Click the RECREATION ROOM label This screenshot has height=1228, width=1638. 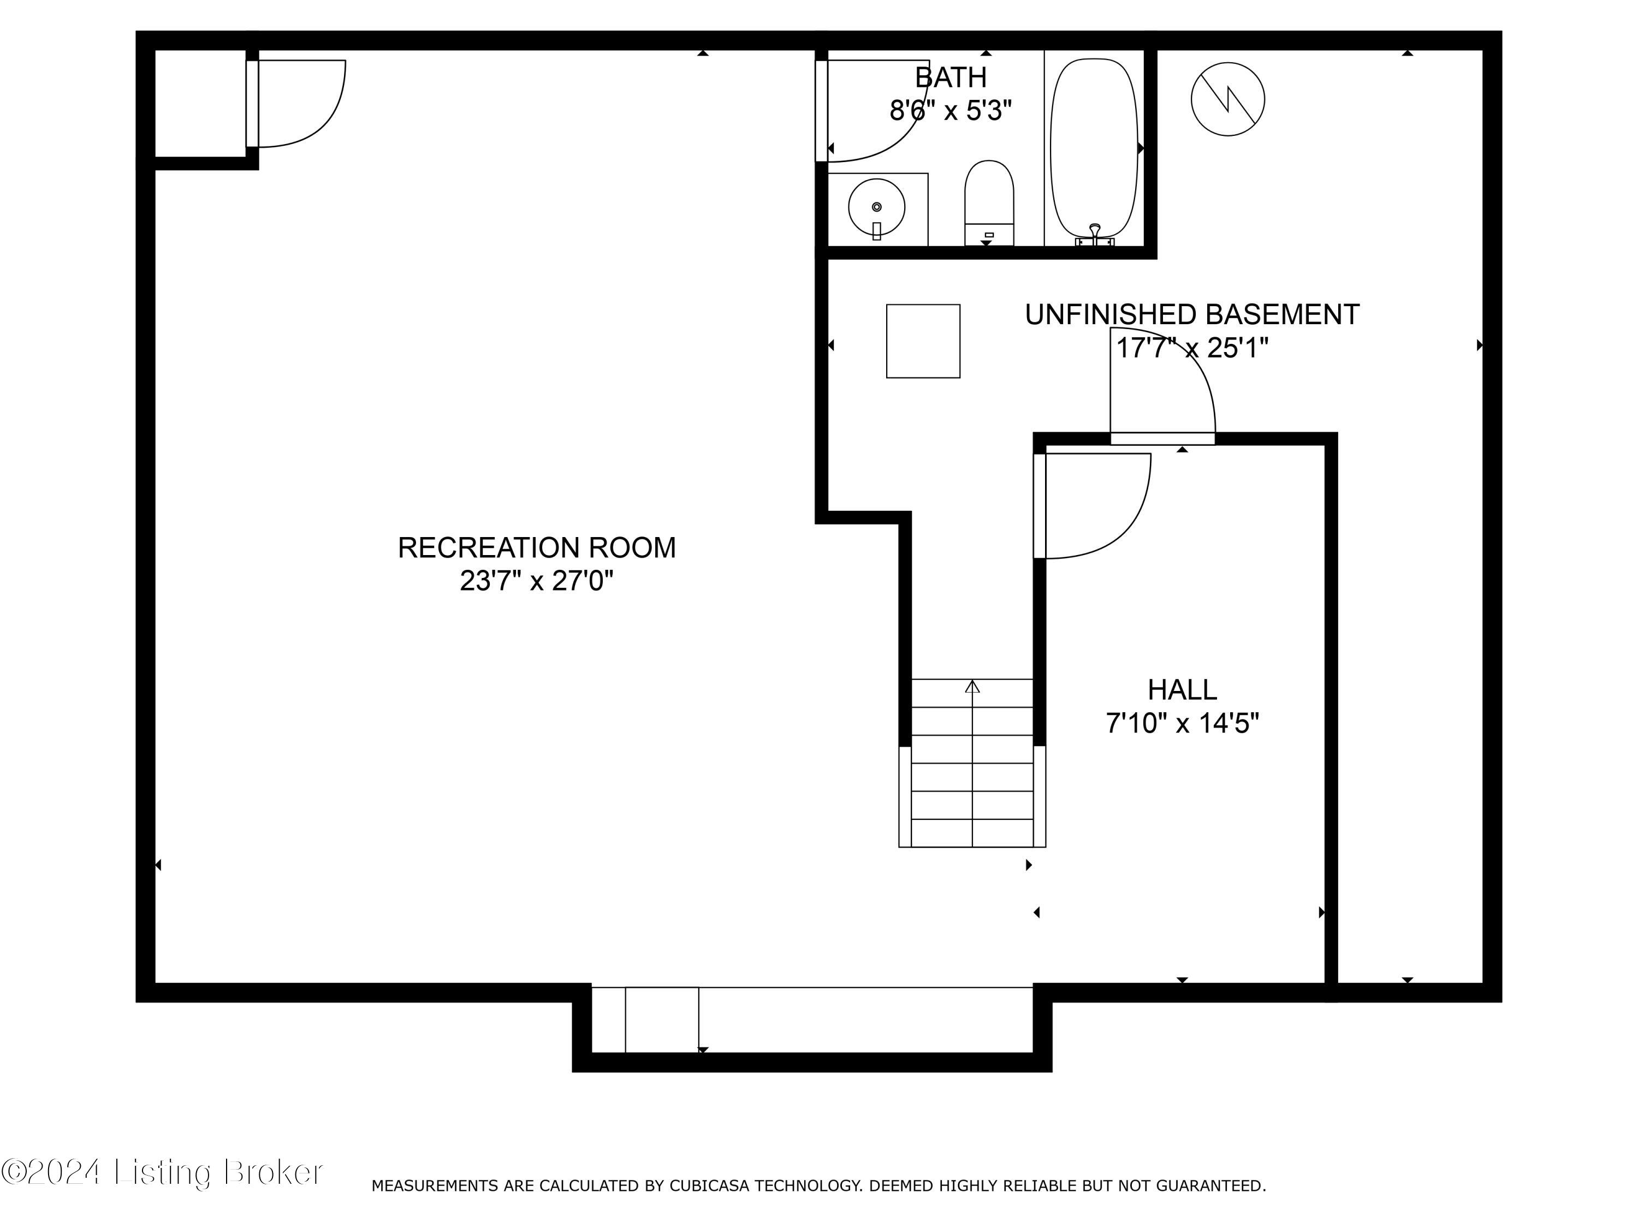[536, 548]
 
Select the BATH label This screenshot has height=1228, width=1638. [950, 77]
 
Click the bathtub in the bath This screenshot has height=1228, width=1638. [1094, 148]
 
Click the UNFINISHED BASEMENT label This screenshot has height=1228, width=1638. [1191, 314]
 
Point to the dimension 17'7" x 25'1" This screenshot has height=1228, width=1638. [1191, 348]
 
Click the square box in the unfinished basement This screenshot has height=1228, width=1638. [923, 341]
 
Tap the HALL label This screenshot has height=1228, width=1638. [1182, 690]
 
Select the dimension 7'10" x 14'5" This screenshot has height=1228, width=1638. [1182, 723]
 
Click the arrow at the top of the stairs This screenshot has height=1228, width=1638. [972, 687]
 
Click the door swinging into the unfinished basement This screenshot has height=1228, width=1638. [1177, 370]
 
